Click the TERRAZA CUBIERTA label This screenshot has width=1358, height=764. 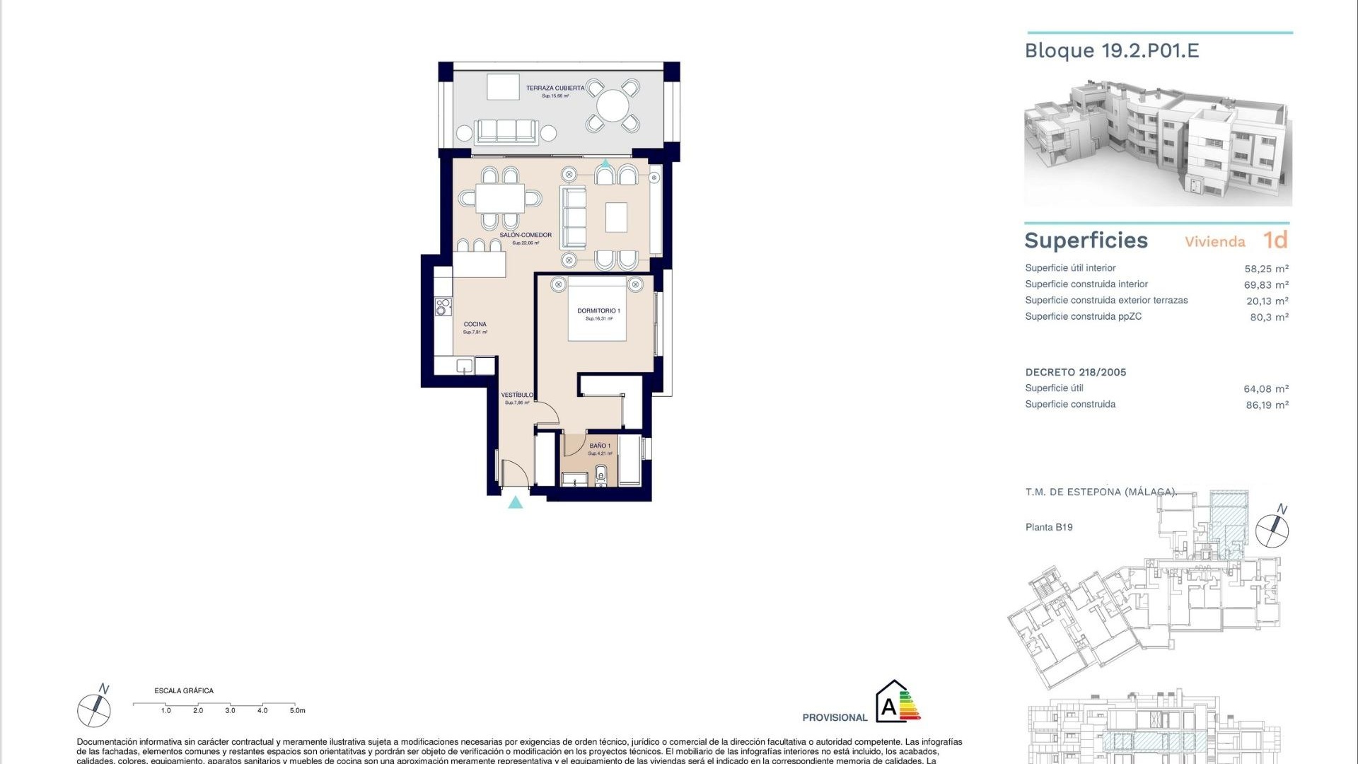555,88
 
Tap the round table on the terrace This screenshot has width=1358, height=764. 613,107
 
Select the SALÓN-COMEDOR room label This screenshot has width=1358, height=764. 526,235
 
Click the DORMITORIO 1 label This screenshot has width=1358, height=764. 598,311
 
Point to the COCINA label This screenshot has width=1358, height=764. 475,324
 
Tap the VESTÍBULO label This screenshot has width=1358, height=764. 517,395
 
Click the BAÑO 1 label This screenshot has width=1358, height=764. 600,446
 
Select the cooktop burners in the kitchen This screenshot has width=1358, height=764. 443,306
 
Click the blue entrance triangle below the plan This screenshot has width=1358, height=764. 516,502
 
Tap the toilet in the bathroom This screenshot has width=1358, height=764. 601,474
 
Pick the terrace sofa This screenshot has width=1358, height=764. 506,132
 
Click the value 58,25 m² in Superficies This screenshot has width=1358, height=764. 1266,269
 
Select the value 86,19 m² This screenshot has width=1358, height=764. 1267,405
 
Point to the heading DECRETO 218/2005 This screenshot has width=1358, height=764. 1076,372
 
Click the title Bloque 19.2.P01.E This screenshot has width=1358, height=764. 1112,51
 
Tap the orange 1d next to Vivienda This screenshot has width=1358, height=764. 1275,241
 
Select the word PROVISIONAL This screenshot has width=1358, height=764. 835,717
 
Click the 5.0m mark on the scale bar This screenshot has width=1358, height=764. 297,710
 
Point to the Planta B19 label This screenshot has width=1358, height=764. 1049,527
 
